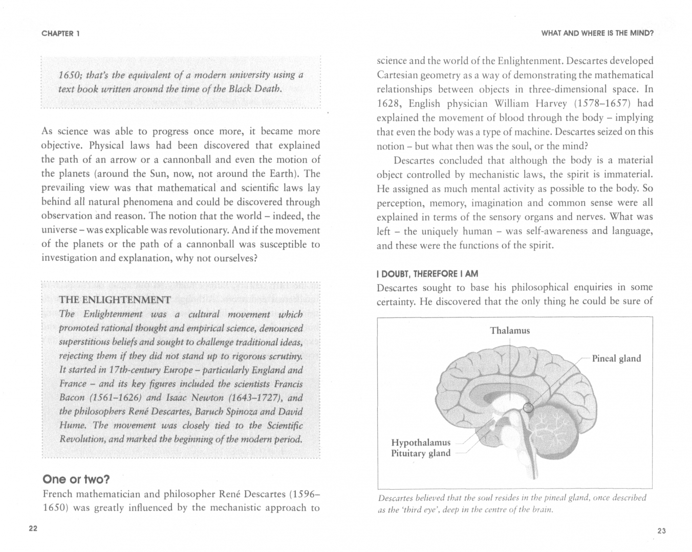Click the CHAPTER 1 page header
(60, 34)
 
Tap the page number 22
(33, 528)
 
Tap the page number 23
(661, 531)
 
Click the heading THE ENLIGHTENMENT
(115, 300)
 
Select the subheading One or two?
(76, 479)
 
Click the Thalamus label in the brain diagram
(510, 331)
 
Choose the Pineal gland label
(616, 358)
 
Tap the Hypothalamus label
(421, 442)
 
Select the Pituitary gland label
(421, 453)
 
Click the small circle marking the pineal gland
(529, 407)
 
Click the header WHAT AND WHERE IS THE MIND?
(597, 34)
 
